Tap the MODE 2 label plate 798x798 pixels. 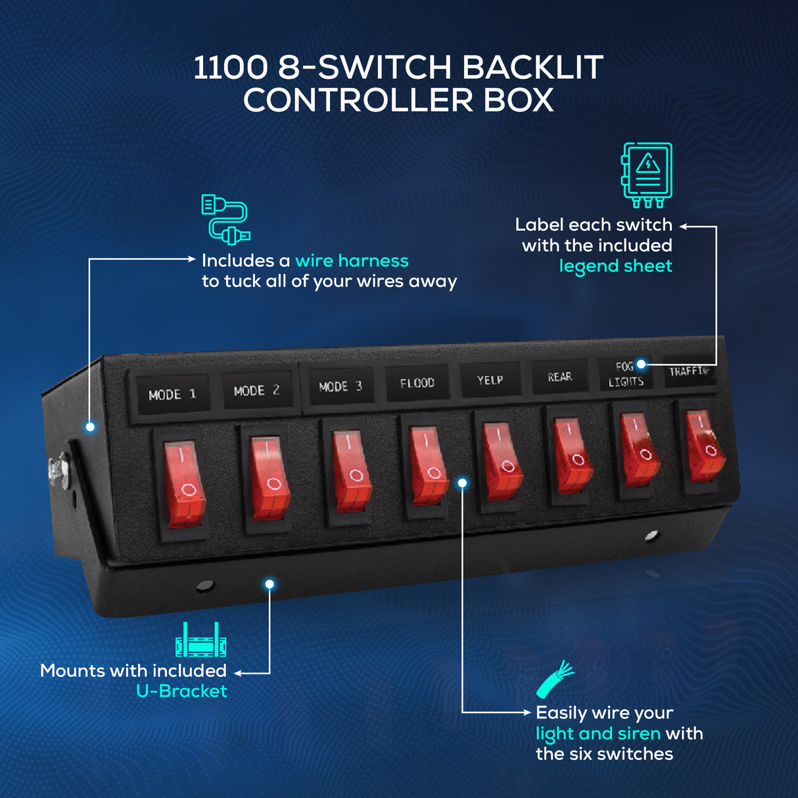pos(258,390)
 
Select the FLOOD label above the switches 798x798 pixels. pos(417,383)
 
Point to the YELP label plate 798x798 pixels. pos(490,380)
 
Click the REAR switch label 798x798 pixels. pos(560,377)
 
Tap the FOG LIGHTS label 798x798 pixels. pos(626,374)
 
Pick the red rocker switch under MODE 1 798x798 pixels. pos(184,483)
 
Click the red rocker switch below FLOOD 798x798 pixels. pos(428,465)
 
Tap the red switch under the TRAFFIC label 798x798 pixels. pos(705,446)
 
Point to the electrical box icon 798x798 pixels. pos(646,175)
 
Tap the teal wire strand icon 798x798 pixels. pos(555,679)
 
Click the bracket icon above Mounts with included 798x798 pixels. pos(201,640)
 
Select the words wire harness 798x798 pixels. pos(352,261)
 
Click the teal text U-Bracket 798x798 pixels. pos(181,691)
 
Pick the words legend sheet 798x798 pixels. pos(615,266)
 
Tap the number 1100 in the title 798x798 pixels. pos(231,67)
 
